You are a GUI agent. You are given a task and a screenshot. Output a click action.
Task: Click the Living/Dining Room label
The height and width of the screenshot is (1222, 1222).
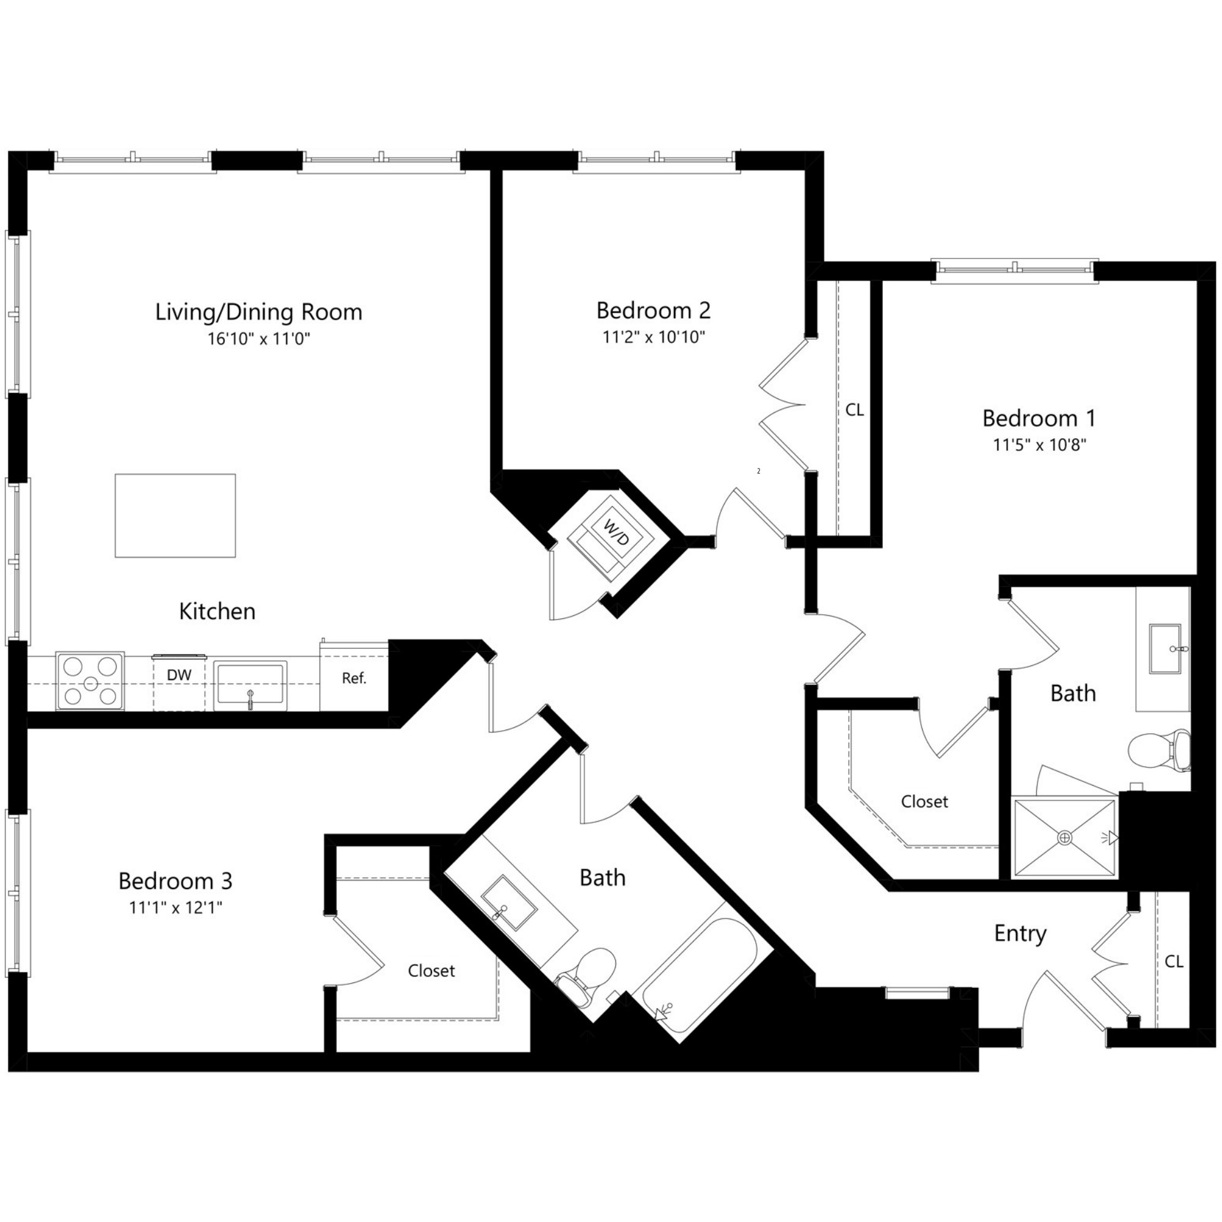(258, 312)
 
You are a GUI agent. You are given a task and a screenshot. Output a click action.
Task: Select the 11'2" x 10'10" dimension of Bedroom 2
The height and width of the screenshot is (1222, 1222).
(653, 337)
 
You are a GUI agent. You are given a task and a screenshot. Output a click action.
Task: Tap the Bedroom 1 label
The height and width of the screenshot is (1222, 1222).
(1039, 418)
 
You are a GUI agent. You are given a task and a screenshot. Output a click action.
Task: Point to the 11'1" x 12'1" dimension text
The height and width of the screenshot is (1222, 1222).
(176, 908)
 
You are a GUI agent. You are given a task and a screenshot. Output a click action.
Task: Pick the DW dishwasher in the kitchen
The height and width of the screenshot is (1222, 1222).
(179, 682)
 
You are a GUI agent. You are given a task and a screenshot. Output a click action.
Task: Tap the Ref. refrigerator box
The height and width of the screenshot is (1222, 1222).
(354, 679)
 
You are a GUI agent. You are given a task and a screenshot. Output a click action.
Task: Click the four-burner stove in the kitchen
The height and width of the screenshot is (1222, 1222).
(90, 682)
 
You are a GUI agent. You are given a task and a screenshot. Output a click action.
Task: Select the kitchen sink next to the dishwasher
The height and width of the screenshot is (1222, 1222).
(250, 683)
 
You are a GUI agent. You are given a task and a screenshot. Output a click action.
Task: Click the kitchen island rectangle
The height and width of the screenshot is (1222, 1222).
(175, 516)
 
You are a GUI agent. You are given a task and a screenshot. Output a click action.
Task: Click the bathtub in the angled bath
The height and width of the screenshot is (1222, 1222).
(699, 978)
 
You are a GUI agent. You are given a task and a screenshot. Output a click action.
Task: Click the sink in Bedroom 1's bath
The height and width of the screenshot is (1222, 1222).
(1165, 649)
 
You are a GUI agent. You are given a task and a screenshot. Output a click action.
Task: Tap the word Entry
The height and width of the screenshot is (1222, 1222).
(1020, 934)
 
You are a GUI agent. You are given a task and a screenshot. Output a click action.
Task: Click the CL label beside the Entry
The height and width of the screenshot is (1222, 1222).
(1173, 961)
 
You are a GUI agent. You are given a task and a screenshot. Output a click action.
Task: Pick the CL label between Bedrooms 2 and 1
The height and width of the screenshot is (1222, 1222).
(854, 410)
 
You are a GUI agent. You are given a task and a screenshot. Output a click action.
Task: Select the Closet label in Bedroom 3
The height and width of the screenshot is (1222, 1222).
(431, 970)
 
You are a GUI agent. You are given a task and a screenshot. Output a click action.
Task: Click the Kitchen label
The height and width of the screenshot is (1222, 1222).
(217, 611)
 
